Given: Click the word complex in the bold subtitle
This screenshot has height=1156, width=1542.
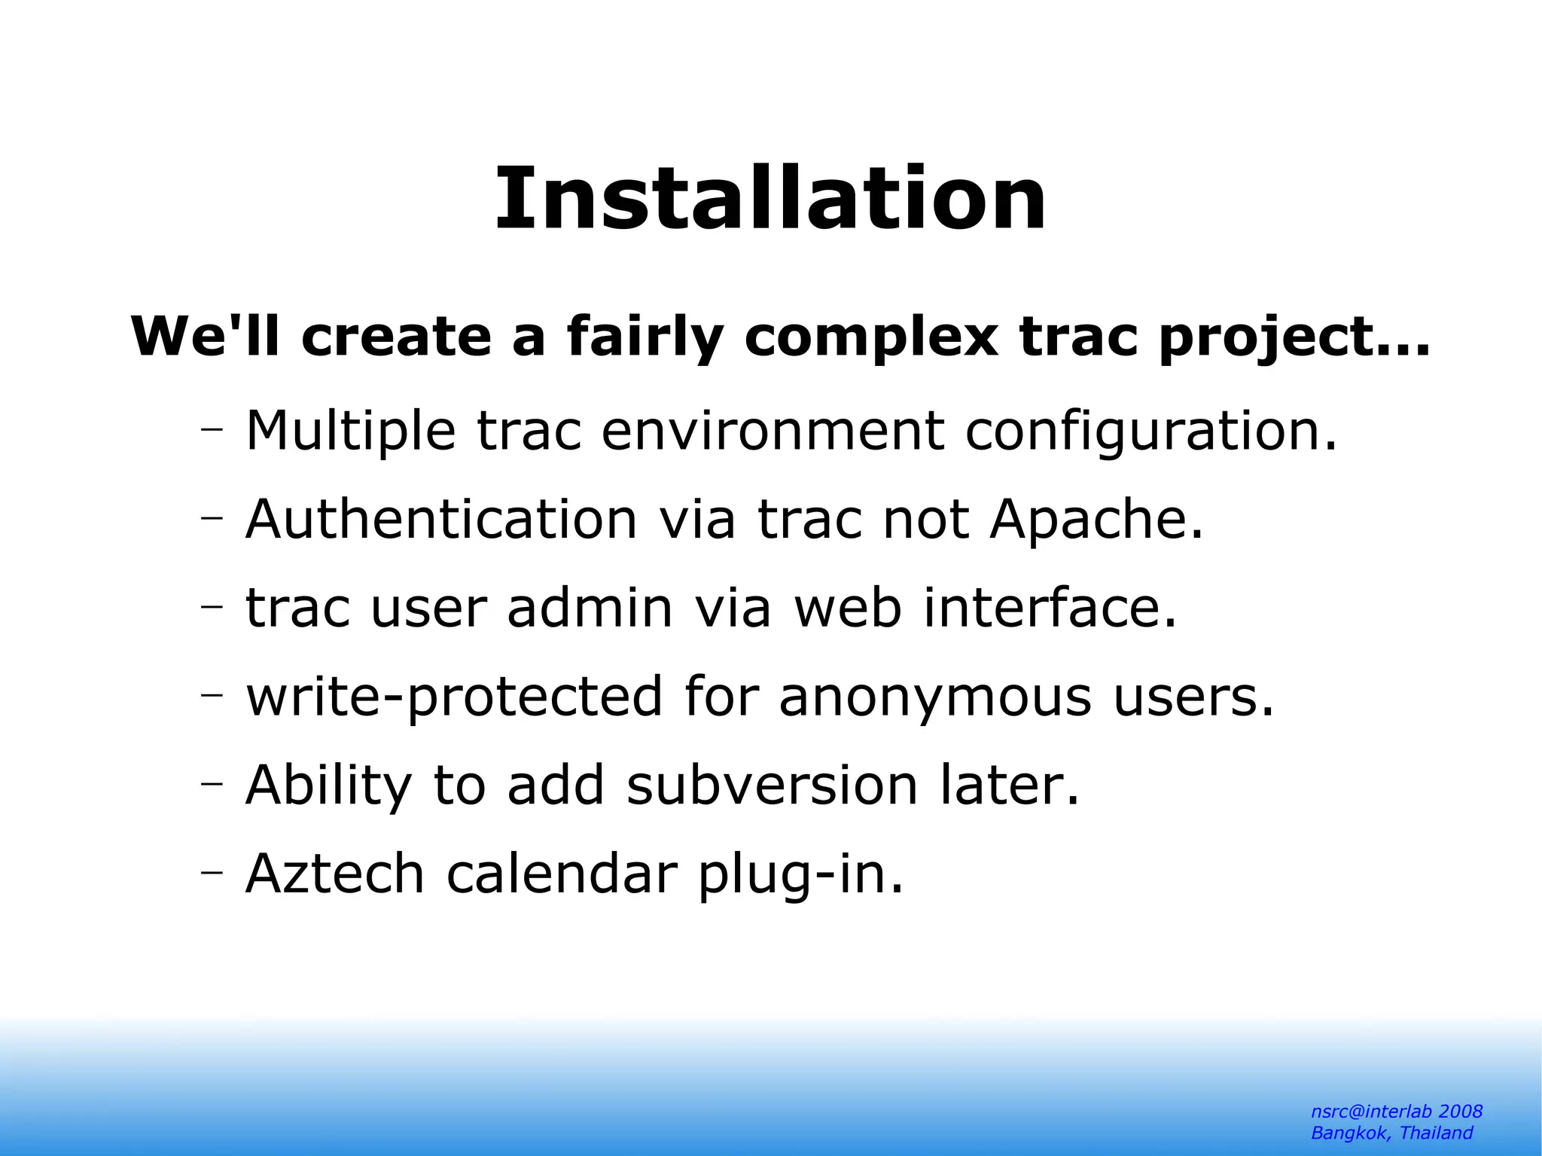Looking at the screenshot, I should [x=870, y=337].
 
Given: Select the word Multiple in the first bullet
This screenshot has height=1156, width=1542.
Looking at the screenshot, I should [x=351, y=432].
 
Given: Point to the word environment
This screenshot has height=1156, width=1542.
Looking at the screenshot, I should [x=773, y=432].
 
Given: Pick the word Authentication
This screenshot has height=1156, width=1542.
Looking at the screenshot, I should [x=442, y=520].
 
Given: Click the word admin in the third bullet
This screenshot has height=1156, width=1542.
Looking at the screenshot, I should [x=590, y=608].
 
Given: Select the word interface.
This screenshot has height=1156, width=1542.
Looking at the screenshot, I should [x=1050, y=608].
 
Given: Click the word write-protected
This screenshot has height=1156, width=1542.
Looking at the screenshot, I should [x=455, y=697].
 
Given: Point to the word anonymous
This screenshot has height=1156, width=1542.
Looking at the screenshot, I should [x=934, y=697].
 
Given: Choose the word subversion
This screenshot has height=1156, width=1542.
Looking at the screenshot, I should [x=772, y=785].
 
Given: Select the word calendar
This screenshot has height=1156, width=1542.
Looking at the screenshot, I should [x=562, y=874].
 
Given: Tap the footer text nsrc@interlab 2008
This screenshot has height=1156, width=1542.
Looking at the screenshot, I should [x=1397, y=1112].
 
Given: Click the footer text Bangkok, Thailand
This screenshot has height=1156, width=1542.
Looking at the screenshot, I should [x=1391, y=1133].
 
